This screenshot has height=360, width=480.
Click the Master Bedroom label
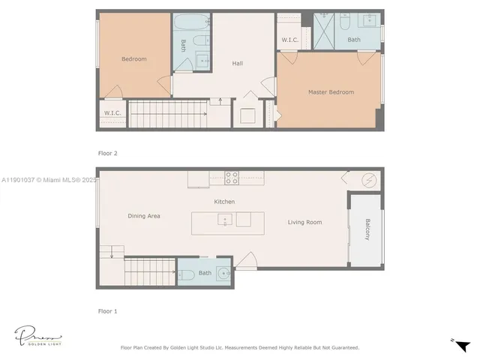[331, 92]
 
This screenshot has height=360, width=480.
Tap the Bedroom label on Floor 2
[134, 59]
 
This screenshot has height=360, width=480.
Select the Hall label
[237, 64]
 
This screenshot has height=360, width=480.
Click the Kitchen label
[224, 202]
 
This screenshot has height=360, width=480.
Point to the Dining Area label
[144, 216]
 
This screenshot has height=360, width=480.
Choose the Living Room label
[304, 222]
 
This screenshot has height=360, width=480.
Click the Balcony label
[367, 228]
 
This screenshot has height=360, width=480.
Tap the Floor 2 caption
[108, 153]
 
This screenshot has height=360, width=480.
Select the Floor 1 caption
[108, 310]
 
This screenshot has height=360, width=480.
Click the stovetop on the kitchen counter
[232, 178]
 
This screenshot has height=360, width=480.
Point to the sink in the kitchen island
[225, 220]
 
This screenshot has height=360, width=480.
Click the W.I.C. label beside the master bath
[290, 40]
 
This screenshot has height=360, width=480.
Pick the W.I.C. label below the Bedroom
[112, 113]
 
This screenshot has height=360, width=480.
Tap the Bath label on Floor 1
[205, 273]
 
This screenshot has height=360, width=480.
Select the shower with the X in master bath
[324, 28]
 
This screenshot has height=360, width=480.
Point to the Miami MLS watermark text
[49, 180]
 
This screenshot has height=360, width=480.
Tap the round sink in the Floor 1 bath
[223, 273]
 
